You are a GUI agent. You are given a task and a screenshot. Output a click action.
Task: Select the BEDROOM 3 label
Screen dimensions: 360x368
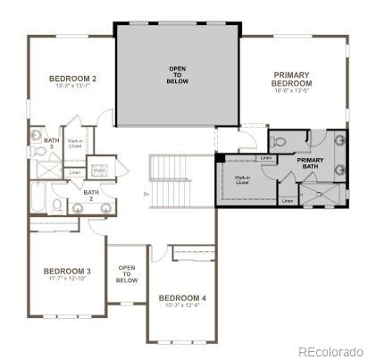pyautogui.click(x=67, y=271)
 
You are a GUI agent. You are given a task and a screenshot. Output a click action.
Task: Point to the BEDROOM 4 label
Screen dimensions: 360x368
pyautogui.click(x=181, y=297)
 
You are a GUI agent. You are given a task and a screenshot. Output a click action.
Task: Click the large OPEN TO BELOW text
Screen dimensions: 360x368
pyautogui.click(x=178, y=74)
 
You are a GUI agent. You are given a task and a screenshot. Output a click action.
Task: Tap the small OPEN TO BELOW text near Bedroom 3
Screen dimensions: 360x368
pyautogui.click(x=127, y=273)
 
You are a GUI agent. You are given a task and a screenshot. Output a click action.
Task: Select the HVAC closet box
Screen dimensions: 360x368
pyautogui.click(x=101, y=168)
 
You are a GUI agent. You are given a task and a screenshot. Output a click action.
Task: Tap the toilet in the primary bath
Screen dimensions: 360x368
pyautogui.click(x=278, y=141)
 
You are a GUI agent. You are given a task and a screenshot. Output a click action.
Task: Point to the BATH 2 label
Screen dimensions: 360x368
pyautogui.click(x=90, y=195)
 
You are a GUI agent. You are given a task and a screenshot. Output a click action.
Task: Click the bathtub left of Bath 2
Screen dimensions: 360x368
pyautogui.click(x=39, y=197)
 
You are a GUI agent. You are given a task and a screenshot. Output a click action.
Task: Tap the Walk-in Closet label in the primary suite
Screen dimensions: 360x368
pyautogui.click(x=242, y=181)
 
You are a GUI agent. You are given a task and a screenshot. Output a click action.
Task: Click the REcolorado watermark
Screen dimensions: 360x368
pyautogui.click(x=330, y=351)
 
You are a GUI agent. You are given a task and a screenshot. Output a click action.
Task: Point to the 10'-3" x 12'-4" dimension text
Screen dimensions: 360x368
pyautogui.click(x=181, y=306)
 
